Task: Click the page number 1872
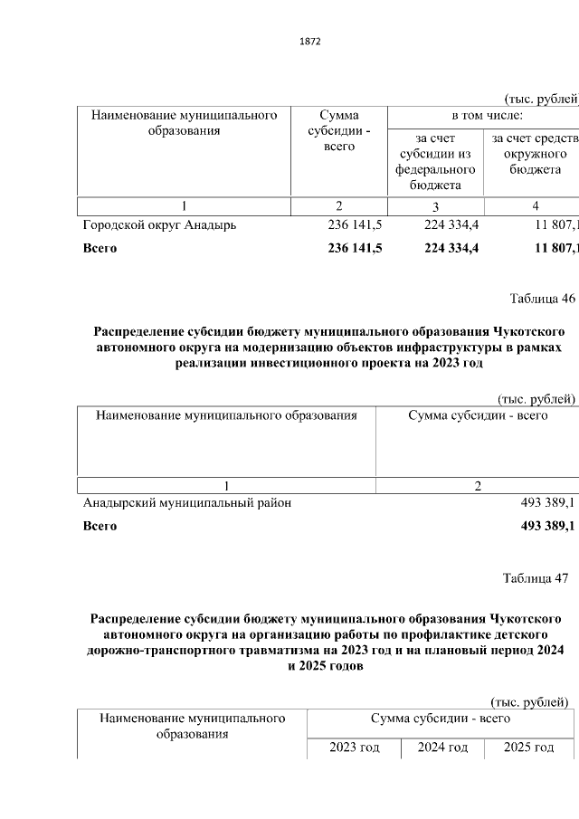tap(309, 42)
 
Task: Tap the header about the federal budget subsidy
tap(434, 161)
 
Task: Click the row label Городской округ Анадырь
tap(159, 225)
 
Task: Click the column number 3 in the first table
tap(434, 205)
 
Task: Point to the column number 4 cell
tap(535, 205)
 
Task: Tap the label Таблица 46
tap(542, 299)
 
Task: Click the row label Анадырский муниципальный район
tap(187, 503)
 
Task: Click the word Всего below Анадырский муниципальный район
tap(100, 526)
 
